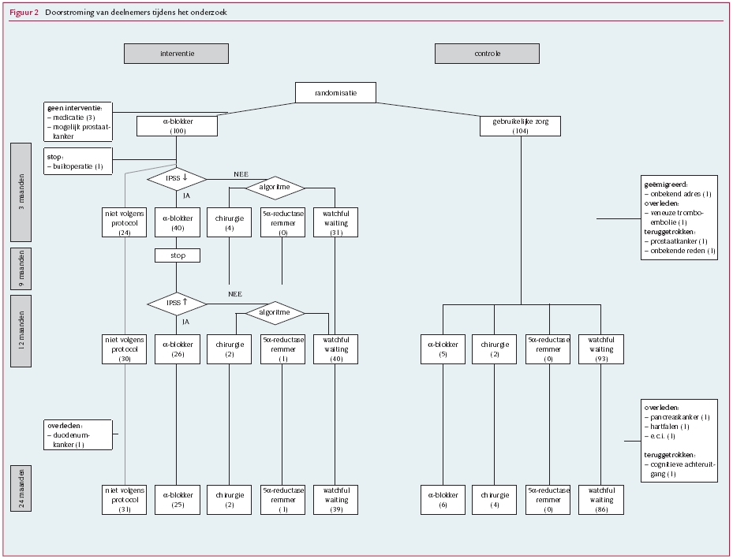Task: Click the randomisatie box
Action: pyautogui.click(x=335, y=92)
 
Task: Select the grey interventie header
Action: pyautogui.click(x=176, y=54)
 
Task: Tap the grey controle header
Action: pyautogui.click(x=487, y=54)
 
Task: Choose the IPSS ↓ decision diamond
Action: pyautogui.click(x=176, y=178)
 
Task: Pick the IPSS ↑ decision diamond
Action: pyautogui.click(x=176, y=303)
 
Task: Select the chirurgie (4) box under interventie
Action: pyautogui.click(x=229, y=222)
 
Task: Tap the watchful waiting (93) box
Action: pyautogui.click(x=600, y=349)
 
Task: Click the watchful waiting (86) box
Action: pyautogui.click(x=600, y=499)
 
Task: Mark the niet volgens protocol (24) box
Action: pyautogui.click(x=125, y=222)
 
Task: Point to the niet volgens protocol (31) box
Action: pyautogui.click(x=125, y=499)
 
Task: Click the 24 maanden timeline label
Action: pyautogui.click(x=21, y=489)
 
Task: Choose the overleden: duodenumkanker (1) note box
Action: pyautogui.click(x=80, y=434)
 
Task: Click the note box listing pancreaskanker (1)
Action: pyautogui.click(x=679, y=439)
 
